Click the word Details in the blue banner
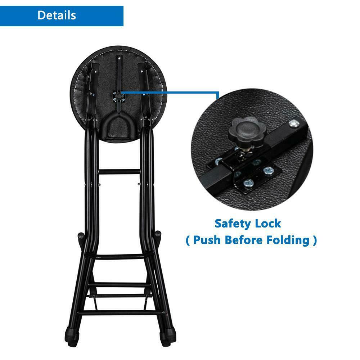tap(57, 15)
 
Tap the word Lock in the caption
tap(268, 224)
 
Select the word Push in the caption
tap(207, 240)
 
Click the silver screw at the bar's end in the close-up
tap(294, 124)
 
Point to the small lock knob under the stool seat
tap(119, 95)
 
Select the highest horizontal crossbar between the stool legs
tap(119, 172)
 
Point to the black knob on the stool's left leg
tap(81, 236)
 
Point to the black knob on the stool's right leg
tap(158, 234)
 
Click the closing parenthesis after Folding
tap(315, 240)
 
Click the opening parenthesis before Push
tap(188, 240)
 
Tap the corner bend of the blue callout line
tap(218, 93)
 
